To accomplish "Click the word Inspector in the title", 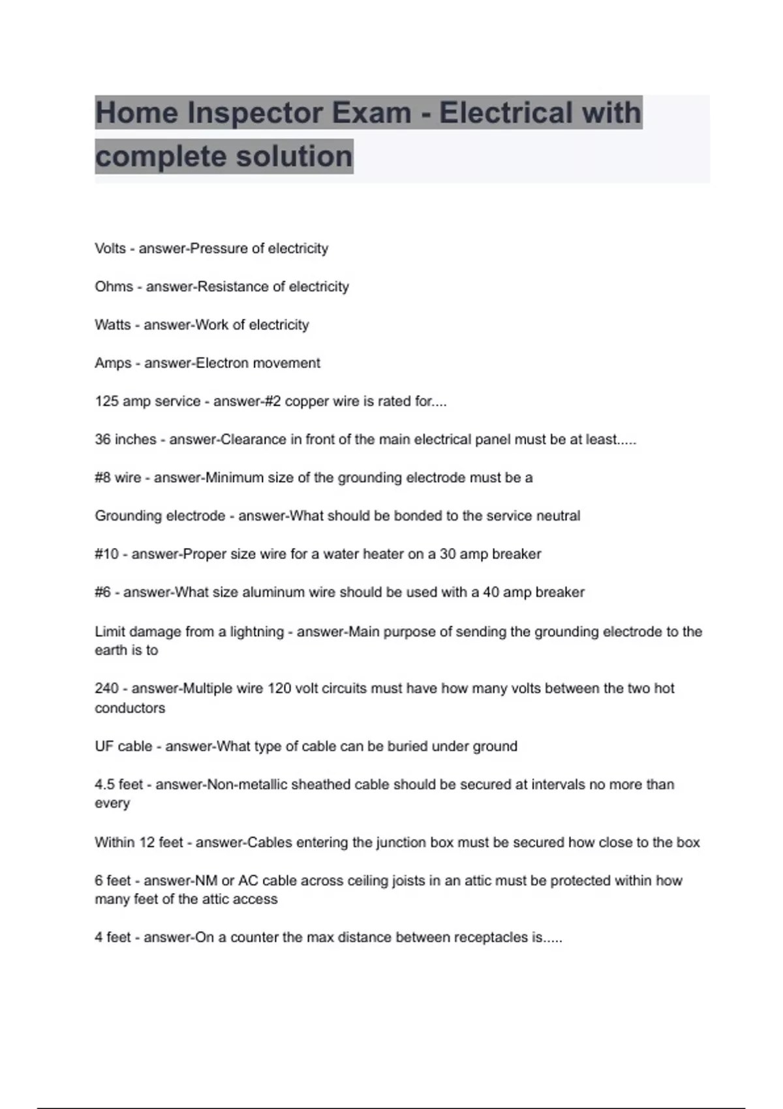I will pyautogui.click(x=254, y=113).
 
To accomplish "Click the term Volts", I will pyautogui.click(x=110, y=249).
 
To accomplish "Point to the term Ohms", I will pyautogui.click(x=114, y=286).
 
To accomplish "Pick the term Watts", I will pyautogui.click(x=113, y=325).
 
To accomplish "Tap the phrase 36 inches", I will pyautogui.click(x=125, y=440).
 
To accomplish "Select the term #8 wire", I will pyautogui.click(x=118, y=478).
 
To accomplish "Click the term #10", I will pyautogui.click(x=107, y=554).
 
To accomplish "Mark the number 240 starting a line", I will pyautogui.click(x=107, y=689).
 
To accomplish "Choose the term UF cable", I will pyautogui.click(x=123, y=746).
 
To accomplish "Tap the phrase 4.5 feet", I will pyautogui.click(x=119, y=785).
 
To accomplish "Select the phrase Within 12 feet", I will pyautogui.click(x=139, y=843).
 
